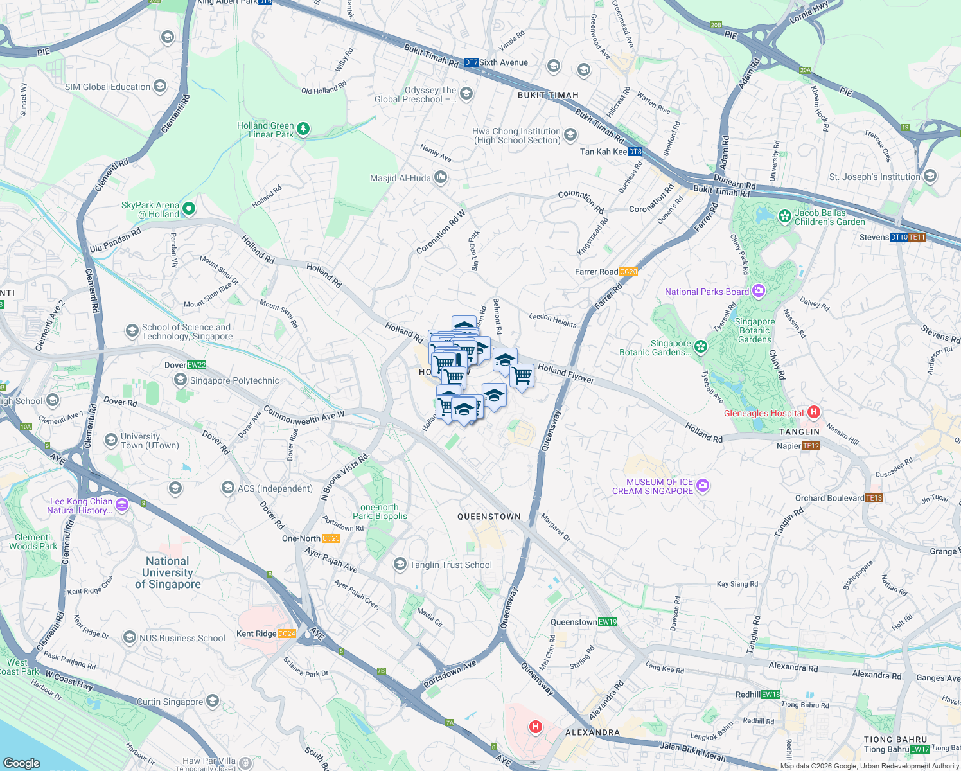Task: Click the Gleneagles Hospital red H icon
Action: coord(814,412)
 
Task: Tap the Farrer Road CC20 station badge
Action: coord(628,272)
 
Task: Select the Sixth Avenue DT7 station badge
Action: coord(471,62)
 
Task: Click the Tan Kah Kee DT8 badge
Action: coord(635,152)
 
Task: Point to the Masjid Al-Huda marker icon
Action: coord(441,177)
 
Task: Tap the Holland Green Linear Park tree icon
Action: coord(303,129)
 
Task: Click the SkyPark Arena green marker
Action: coord(189,208)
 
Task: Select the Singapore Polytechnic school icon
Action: coord(181,380)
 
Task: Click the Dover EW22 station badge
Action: coord(197,365)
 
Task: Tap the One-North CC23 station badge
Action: coord(331,538)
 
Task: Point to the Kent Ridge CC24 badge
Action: coord(287,634)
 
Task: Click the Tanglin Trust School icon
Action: coord(400,564)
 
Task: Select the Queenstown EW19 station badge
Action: coord(608,622)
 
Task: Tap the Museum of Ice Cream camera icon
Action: coord(703,485)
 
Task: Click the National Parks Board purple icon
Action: coord(759,291)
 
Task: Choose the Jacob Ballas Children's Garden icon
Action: coord(784,217)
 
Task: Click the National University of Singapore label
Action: coord(168,572)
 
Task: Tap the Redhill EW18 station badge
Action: coord(771,695)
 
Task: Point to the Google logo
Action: coord(22,763)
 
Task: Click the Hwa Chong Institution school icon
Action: coord(570,135)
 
